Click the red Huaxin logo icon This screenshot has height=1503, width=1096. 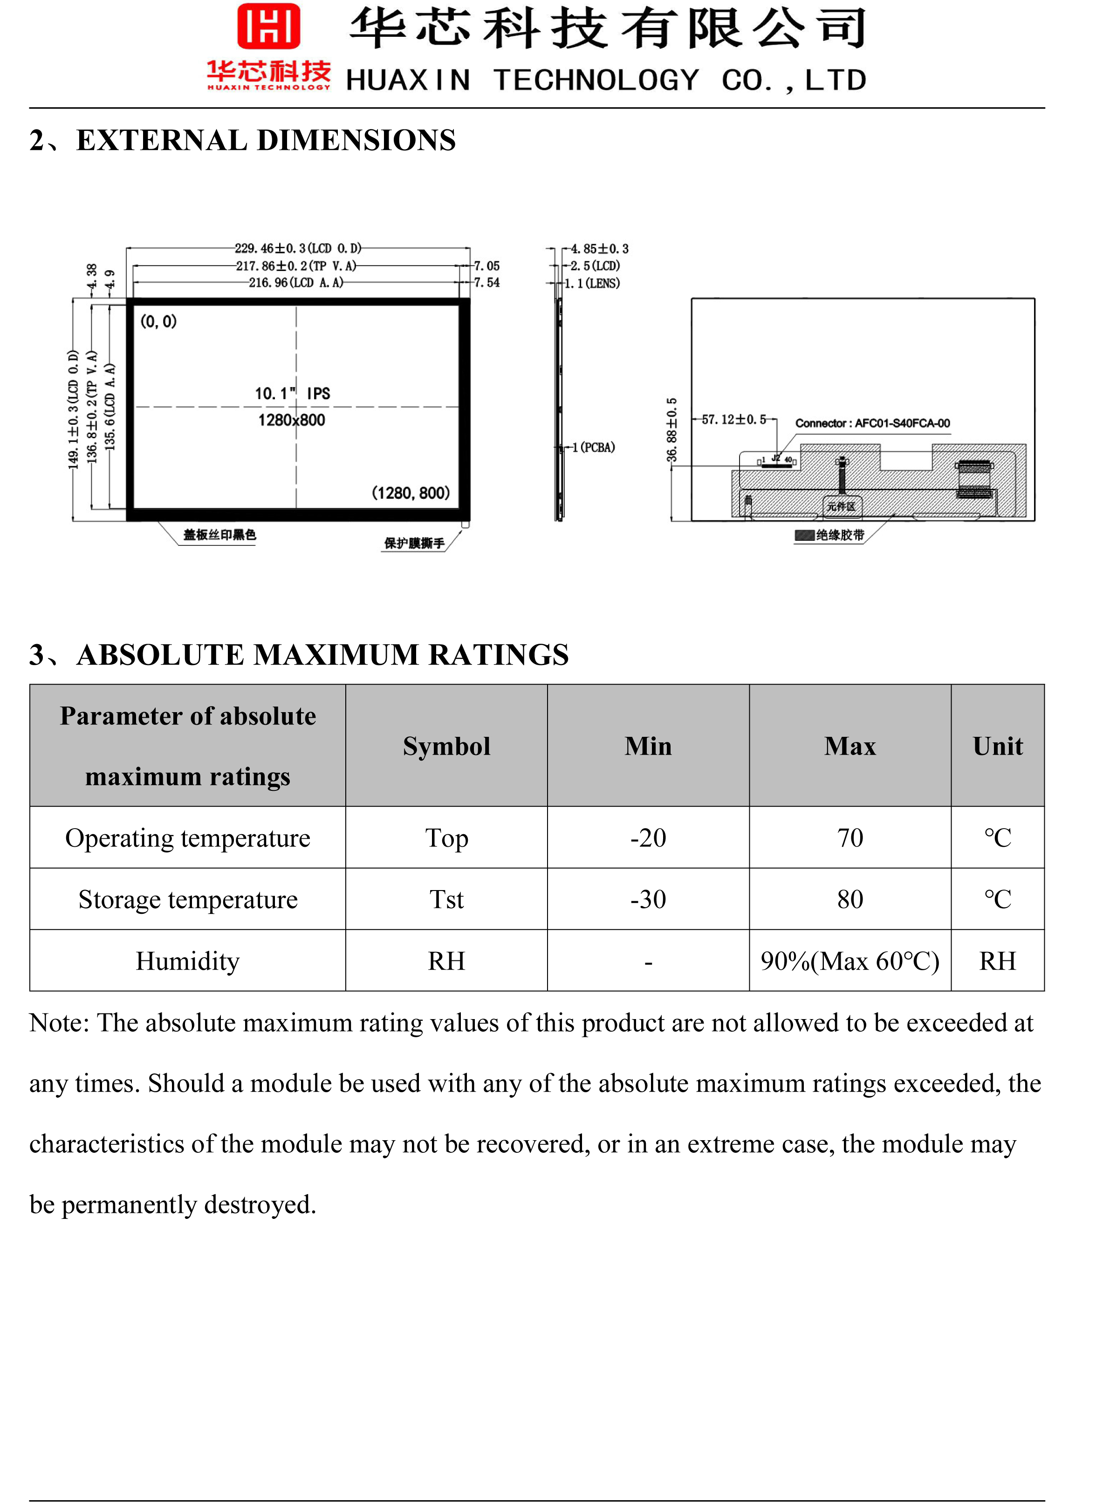point(269,27)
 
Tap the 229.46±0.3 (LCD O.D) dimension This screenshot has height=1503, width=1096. point(298,249)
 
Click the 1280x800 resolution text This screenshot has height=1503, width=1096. point(292,420)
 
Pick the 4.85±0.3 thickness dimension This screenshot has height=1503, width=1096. point(600,249)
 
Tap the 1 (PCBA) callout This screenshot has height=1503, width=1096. point(594,448)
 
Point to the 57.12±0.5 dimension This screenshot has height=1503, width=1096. point(734,420)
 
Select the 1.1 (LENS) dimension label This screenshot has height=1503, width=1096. point(592,284)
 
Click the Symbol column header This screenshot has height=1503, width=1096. point(446,747)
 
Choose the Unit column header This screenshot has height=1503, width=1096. point(998,747)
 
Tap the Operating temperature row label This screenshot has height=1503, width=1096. point(188,838)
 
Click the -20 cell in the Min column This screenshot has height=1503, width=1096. point(648,838)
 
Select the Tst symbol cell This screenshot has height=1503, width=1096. point(446,900)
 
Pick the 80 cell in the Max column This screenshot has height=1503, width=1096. point(850,900)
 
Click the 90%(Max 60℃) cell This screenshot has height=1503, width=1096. point(850,961)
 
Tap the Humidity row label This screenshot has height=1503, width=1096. point(188,961)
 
